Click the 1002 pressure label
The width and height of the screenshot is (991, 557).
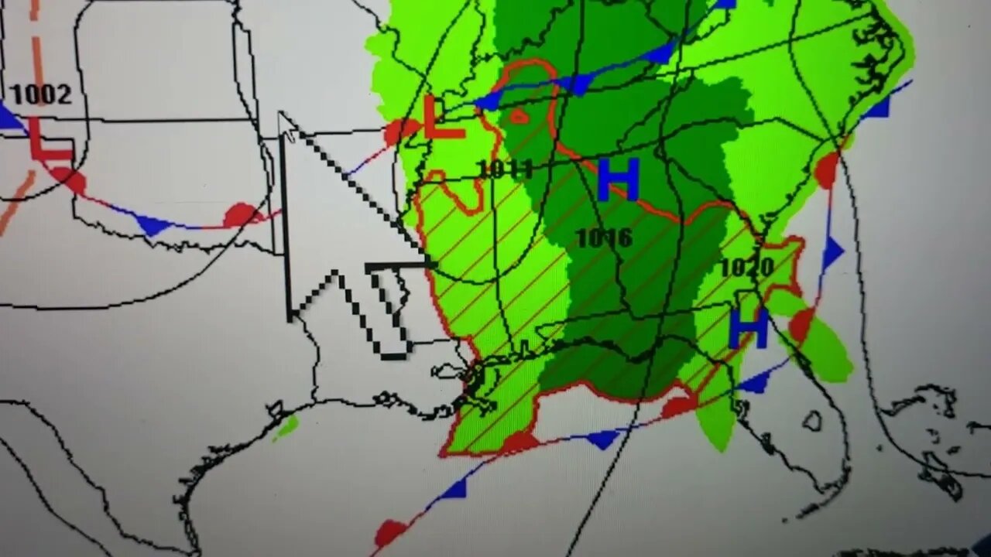click(x=40, y=94)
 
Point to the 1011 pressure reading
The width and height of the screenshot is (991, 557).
click(x=505, y=169)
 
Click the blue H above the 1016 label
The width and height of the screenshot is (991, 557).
click(x=618, y=179)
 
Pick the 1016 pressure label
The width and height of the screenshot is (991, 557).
click(x=605, y=237)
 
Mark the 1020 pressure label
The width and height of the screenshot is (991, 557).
click(x=746, y=268)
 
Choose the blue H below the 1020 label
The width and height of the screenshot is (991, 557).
click(x=748, y=327)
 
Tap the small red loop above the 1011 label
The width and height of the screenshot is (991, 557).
click(x=517, y=117)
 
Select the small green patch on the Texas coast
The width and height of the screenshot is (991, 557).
click(x=286, y=426)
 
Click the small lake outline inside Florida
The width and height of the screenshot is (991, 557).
click(x=811, y=421)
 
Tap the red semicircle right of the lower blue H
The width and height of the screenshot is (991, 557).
click(x=801, y=323)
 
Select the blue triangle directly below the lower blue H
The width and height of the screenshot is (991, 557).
click(x=756, y=381)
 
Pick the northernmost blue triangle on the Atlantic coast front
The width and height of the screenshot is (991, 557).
click(x=878, y=107)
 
